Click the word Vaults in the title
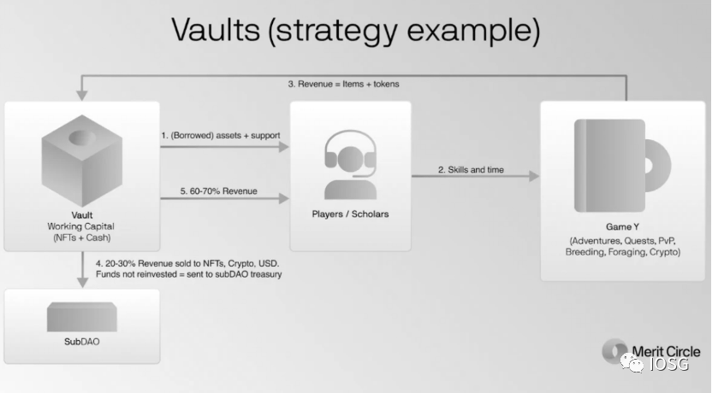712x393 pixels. pyautogui.click(x=216, y=30)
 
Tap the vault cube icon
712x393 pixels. pyautogui.click(x=82, y=161)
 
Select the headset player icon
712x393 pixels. pyautogui.click(x=350, y=165)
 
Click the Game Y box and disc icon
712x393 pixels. pyautogui.click(x=622, y=166)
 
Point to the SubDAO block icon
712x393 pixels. pyautogui.click(x=82, y=317)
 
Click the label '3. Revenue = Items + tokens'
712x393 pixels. pyautogui.click(x=344, y=84)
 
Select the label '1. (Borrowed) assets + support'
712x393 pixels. pyautogui.click(x=221, y=135)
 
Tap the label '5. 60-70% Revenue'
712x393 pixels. pyautogui.click(x=219, y=191)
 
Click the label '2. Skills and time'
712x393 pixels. pyautogui.click(x=471, y=169)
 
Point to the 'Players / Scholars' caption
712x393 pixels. pyautogui.click(x=350, y=214)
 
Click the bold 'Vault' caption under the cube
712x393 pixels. pyautogui.click(x=82, y=214)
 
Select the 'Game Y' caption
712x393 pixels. pyautogui.click(x=622, y=226)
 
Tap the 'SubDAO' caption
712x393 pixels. pyautogui.click(x=82, y=342)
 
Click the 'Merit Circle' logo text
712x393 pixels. pyautogui.click(x=666, y=351)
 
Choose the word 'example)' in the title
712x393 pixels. pyautogui.click(x=473, y=31)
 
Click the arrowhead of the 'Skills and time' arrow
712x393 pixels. pyautogui.click(x=534, y=176)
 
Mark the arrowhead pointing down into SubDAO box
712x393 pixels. pyautogui.click(x=82, y=283)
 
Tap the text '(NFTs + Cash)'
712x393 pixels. pyautogui.click(x=82, y=238)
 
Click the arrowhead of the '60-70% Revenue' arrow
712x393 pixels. pyautogui.click(x=284, y=198)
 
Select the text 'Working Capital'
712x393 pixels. pyautogui.click(x=80, y=226)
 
